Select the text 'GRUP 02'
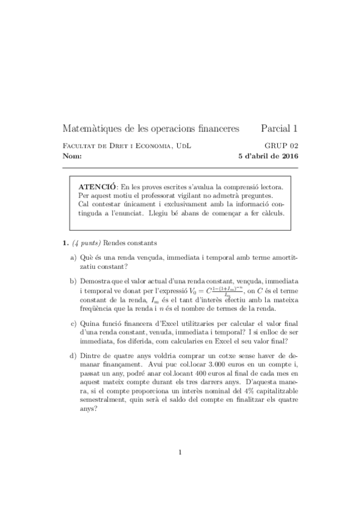click(281, 146)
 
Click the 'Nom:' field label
click(72, 157)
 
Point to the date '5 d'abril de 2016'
click(268, 157)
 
